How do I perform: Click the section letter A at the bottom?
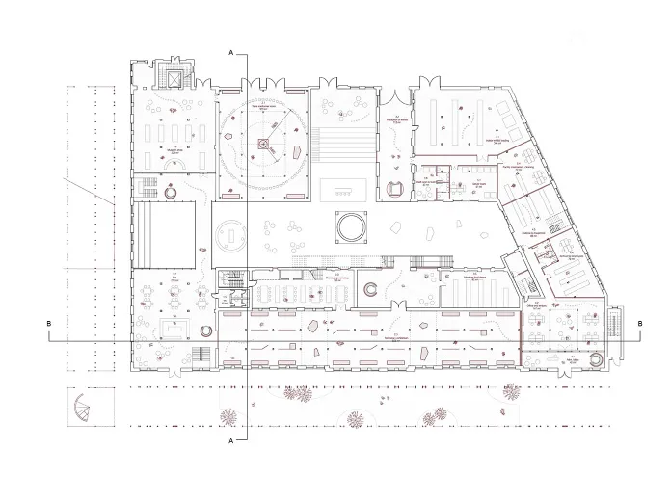pos(231,440)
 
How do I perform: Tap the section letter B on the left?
pos(48,323)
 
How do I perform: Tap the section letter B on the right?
pos(640,323)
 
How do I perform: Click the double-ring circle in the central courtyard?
pos(349,228)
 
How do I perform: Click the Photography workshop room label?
pos(338,278)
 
